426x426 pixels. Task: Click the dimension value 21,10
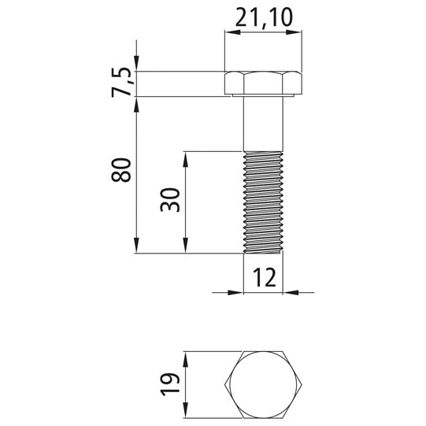[x=264, y=17]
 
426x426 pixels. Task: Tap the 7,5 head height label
[x=121, y=82]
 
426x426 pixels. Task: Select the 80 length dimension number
[x=121, y=170]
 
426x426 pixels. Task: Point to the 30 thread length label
[x=170, y=200]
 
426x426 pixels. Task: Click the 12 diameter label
[x=265, y=277]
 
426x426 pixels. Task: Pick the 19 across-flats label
[x=170, y=384]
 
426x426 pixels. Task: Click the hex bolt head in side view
[x=263, y=83]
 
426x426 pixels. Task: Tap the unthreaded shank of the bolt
[x=263, y=124]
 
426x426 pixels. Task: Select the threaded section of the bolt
[x=263, y=202]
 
